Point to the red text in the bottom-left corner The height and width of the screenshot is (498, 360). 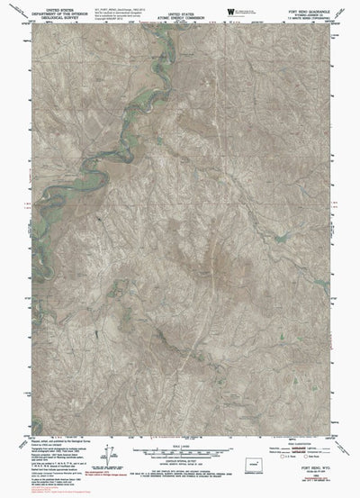(36, 493)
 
